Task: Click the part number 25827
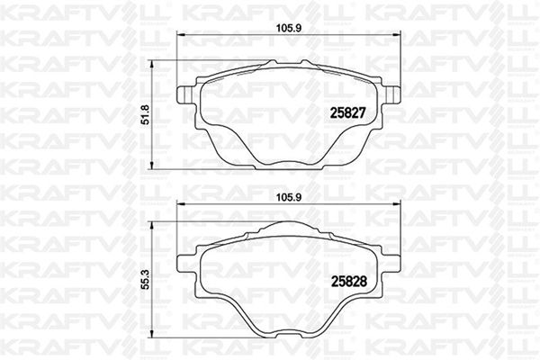click(347, 113)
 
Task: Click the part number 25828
click(348, 282)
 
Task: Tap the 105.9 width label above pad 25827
click(289, 28)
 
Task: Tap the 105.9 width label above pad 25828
click(289, 197)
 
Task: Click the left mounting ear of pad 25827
click(186, 94)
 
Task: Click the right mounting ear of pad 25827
click(391, 94)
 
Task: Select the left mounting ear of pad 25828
click(186, 265)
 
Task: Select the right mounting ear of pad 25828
click(391, 265)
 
